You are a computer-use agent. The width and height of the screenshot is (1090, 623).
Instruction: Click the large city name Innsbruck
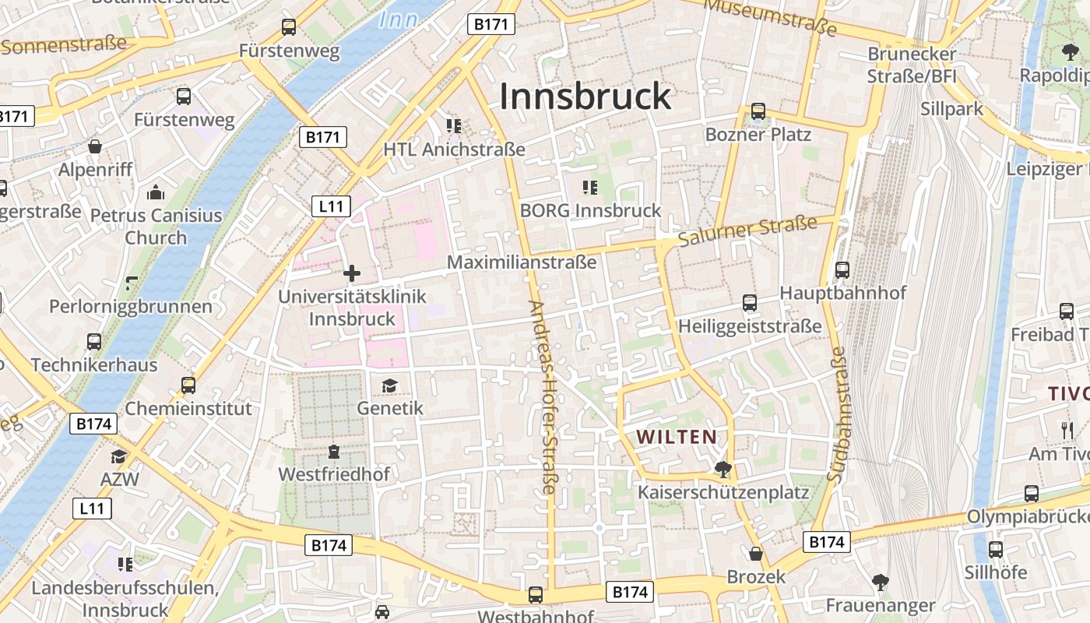585,96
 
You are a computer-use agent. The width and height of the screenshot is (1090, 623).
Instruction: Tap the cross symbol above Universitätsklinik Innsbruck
352,273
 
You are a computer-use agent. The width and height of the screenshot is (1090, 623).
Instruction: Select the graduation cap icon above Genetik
389,385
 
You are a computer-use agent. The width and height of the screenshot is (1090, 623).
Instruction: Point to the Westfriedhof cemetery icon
334,452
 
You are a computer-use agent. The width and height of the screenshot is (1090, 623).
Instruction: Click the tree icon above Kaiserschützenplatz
723,469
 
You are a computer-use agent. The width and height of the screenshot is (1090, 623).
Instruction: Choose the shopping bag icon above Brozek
755,554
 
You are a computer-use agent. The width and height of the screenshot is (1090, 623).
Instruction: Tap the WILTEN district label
677,437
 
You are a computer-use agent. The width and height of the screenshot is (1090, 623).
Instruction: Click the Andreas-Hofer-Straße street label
543,397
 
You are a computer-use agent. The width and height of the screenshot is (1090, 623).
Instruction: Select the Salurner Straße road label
747,231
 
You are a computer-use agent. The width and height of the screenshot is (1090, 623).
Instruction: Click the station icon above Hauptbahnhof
842,270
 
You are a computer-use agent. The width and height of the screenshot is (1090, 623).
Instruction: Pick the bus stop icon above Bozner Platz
758,111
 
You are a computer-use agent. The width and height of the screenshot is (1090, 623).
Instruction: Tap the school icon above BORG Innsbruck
589,188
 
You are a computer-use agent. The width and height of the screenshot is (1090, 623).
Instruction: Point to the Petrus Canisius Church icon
156,192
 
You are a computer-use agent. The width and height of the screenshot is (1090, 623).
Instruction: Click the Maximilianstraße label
522,262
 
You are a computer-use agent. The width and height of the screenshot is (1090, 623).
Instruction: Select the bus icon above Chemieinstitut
188,385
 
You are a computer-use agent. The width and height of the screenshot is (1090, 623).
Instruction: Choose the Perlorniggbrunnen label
131,306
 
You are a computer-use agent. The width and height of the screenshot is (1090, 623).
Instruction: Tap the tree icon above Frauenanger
880,582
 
